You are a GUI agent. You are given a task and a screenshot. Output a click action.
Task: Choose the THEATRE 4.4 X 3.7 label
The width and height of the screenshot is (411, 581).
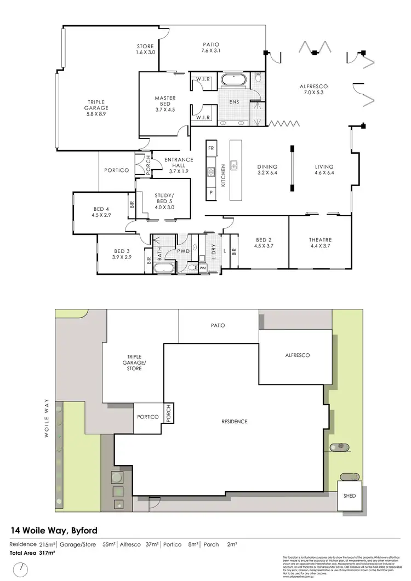tap(321, 244)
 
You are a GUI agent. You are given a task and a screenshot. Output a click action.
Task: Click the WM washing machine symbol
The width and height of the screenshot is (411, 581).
tap(202, 268)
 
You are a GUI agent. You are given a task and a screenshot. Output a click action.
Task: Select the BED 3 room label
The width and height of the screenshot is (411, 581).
tap(121, 252)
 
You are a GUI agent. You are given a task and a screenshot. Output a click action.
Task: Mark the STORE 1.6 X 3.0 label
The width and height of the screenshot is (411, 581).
tap(146, 49)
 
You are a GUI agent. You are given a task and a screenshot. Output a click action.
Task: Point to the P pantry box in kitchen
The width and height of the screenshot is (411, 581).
tap(211, 192)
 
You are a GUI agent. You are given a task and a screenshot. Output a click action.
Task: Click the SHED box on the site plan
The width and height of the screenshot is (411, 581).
tap(349, 496)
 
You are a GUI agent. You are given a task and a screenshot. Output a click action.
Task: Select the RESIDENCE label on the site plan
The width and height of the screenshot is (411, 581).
tap(235, 421)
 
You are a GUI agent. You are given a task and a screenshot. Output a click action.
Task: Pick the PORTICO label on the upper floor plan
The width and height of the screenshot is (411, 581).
tap(116, 170)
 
